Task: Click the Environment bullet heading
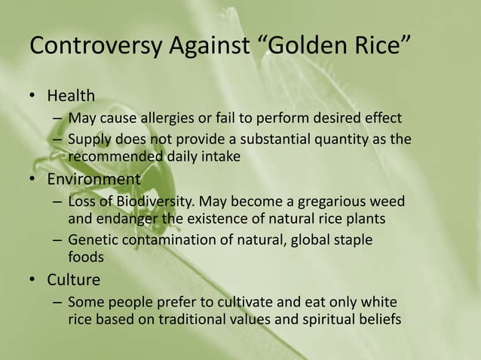point(93,180)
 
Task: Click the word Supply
point(88,140)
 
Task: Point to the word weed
point(387,203)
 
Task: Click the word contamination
point(168,241)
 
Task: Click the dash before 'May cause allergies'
point(57,119)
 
